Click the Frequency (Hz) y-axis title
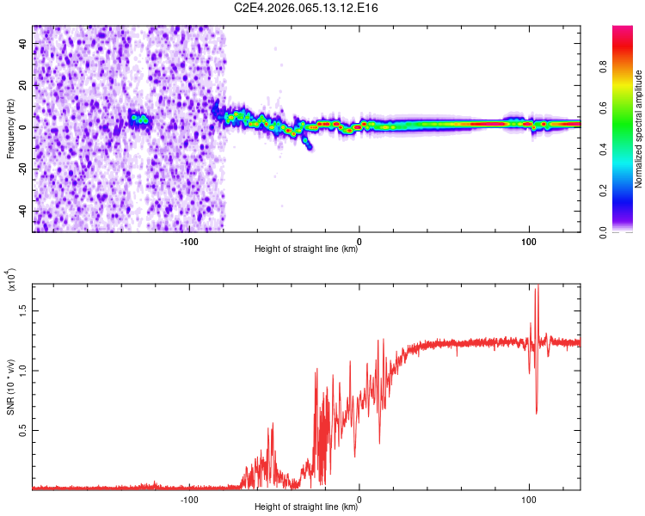pyautogui.click(x=10, y=129)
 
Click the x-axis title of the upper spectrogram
pyautogui.click(x=307, y=249)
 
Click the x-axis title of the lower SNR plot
pyautogui.click(x=307, y=507)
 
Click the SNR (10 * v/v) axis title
pyautogui.click(x=11, y=383)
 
